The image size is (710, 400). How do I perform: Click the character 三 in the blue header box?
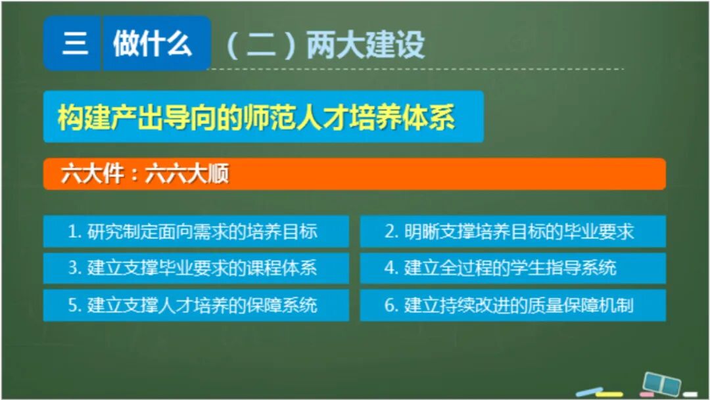[74, 45]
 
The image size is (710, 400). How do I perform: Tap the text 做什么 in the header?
[153, 45]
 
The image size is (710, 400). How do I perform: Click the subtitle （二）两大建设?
[325, 45]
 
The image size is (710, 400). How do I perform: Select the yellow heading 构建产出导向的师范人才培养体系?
[256, 118]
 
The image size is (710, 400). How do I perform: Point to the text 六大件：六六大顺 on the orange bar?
[145, 175]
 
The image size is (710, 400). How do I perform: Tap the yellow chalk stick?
[609, 394]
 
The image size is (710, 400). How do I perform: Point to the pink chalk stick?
[647, 395]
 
